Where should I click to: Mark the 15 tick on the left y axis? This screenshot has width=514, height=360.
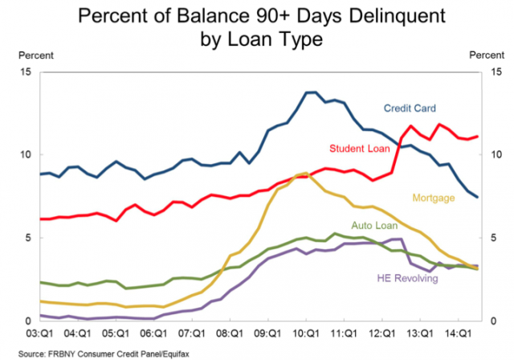point(26,72)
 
